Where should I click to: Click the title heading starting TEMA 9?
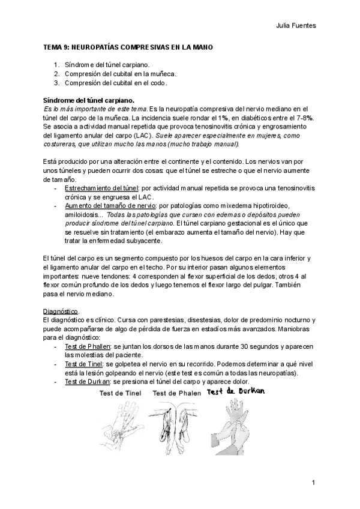(x=128, y=47)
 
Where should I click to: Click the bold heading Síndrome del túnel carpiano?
(x=89, y=100)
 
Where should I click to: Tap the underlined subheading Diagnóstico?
(x=61, y=312)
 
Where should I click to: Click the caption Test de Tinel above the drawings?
(x=121, y=393)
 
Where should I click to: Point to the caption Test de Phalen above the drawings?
(x=175, y=393)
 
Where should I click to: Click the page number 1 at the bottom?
(x=314, y=483)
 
